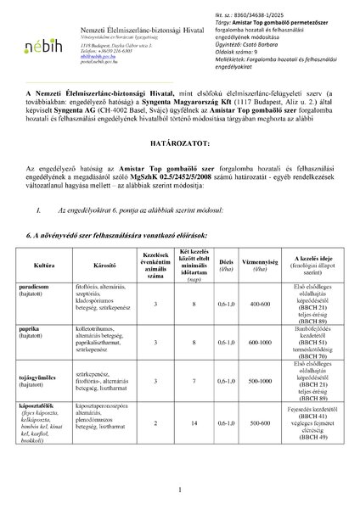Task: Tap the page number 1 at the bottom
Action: [x=180, y=489]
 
